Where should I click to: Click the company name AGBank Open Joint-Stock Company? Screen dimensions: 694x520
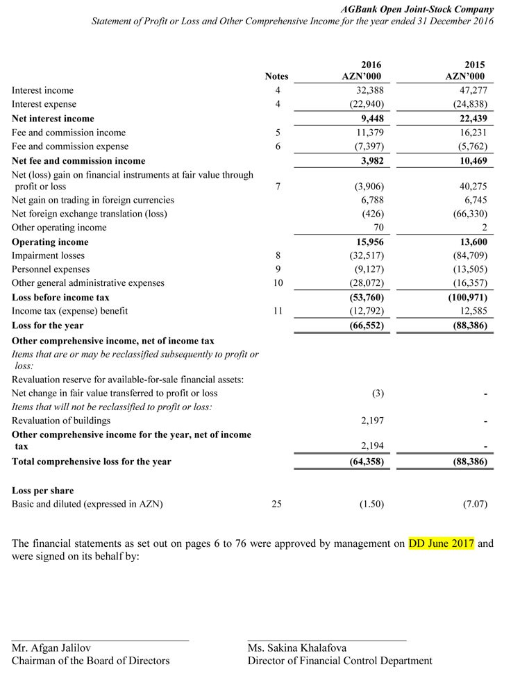click(x=418, y=9)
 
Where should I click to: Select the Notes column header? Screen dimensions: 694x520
click(x=276, y=76)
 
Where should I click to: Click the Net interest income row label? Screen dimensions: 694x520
click(x=53, y=119)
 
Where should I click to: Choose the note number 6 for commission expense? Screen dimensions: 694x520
click(x=277, y=146)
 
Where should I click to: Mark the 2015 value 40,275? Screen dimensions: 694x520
click(x=471, y=187)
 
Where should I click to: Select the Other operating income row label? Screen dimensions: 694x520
click(x=59, y=228)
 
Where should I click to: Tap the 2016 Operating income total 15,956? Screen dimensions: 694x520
click(x=366, y=242)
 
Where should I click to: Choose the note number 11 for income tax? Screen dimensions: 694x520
click(x=277, y=311)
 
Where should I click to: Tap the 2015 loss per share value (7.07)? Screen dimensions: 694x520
click(x=474, y=505)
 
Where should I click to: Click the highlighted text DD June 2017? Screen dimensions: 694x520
click(x=441, y=543)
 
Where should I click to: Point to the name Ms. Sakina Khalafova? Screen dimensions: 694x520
click(x=297, y=648)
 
